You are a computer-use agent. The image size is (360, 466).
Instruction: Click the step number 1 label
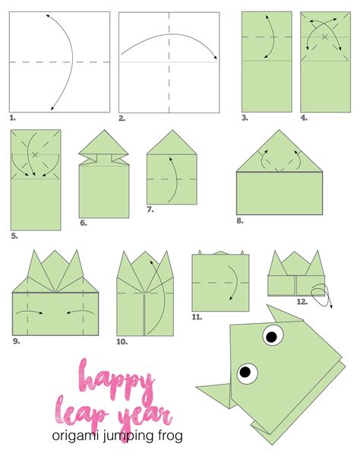click(x=13, y=119)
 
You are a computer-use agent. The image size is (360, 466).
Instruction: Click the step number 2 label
click(x=122, y=119)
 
